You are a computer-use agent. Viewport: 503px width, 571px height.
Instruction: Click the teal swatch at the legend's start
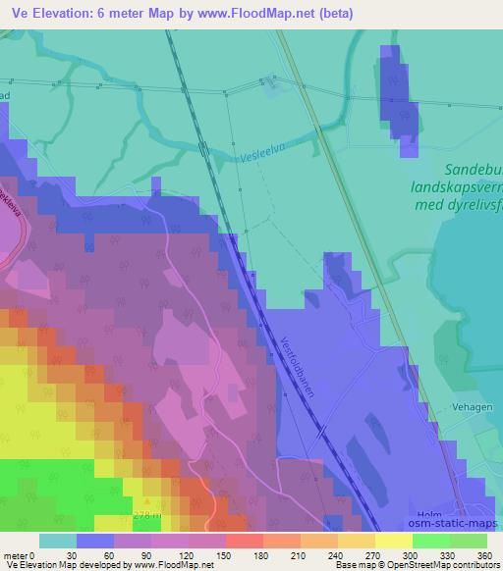point(58,541)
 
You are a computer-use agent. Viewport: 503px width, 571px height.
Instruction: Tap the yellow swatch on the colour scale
point(393,541)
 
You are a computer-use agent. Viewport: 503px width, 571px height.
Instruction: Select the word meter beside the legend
point(14,555)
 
